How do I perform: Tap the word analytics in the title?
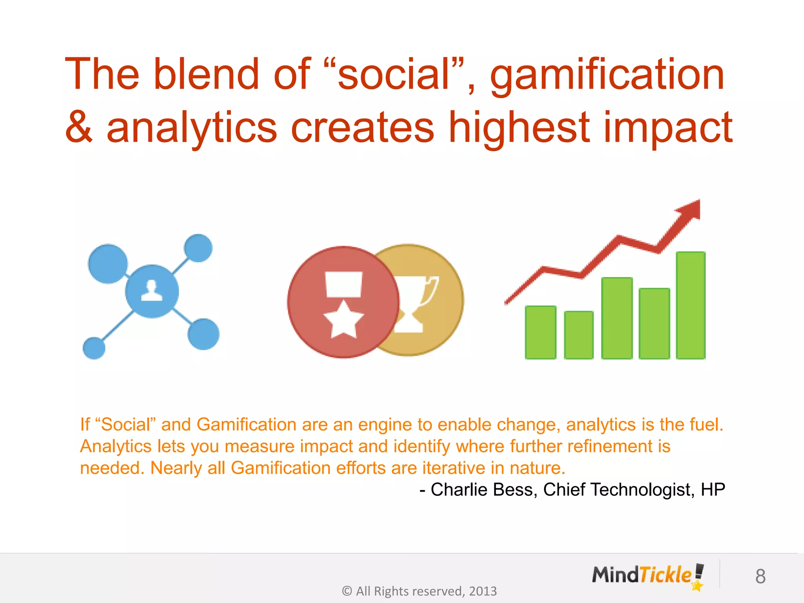[x=192, y=128]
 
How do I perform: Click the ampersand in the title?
[x=79, y=128]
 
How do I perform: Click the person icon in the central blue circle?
[x=152, y=291]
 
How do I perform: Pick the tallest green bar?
[x=691, y=305]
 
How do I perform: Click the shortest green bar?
[x=579, y=335]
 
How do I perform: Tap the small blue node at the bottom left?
[x=94, y=348]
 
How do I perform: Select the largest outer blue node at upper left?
[x=108, y=263]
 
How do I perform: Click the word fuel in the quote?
[x=709, y=425]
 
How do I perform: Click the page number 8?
[x=760, y=577]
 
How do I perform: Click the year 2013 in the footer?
[x=482, y=591]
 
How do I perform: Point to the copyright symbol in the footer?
[x=347, y=591]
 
